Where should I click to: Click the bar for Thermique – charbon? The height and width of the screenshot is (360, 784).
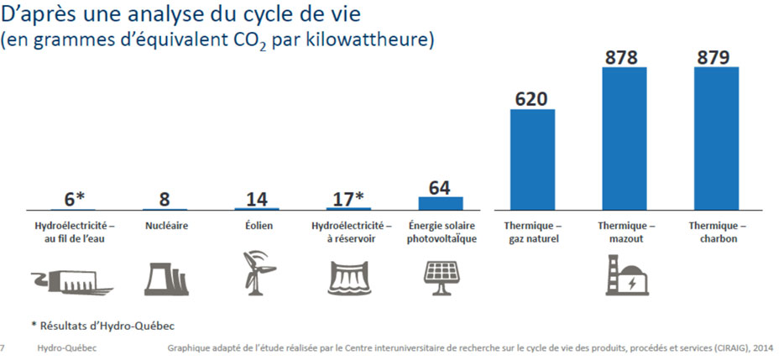click(716, 138)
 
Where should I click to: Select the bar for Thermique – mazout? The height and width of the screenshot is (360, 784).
click(624, 138)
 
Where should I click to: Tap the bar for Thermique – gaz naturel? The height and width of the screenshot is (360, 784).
click(532, 159)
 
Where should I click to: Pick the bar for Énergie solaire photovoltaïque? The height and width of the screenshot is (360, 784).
click(441, 203)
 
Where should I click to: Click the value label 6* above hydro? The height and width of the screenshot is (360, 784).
click(75, 198)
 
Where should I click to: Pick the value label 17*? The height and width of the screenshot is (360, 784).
click(348, 198)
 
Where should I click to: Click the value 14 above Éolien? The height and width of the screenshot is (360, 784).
click(257, 198)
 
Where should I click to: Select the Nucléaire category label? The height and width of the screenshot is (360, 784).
click(165, 226)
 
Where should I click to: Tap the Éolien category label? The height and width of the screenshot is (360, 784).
click(257, 226)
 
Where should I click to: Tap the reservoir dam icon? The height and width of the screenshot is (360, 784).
click(348, 276)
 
